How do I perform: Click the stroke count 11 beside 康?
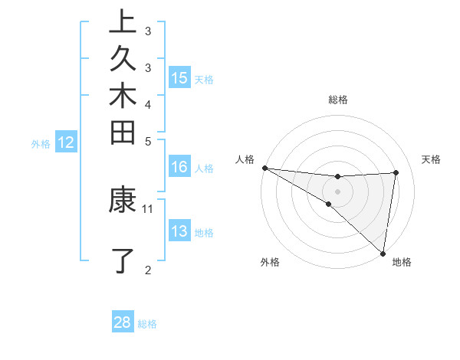pos(149,208)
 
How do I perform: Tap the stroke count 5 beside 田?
pos(148,140)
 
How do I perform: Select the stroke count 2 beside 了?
pos(148,269)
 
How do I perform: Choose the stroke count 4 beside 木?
pos(148,103)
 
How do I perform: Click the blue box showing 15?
pos(179,77)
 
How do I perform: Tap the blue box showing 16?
pos(179,167)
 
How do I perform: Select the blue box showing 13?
pos(179,231)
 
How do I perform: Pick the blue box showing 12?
pos(66,142)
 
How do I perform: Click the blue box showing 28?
pos(123,322)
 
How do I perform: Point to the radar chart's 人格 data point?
pos(264,167)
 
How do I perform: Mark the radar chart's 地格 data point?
pos(383,253)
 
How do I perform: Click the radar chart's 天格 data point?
pos(396,172)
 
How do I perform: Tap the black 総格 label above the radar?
pos(338,100)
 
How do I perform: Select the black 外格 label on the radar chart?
pos(270,262)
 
